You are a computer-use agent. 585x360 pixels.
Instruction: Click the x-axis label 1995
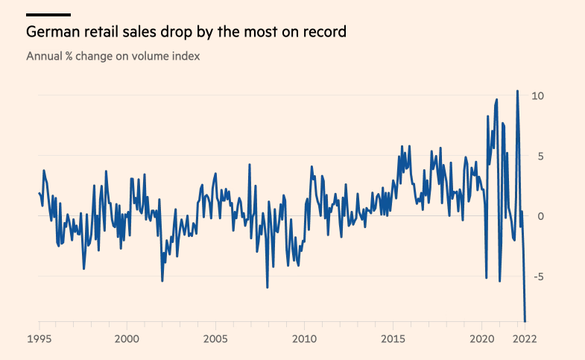click(x=39, y=338)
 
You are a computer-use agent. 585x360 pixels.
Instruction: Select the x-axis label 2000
click(x=127, y=338)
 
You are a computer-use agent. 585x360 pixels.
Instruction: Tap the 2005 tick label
click(x=215, y=338)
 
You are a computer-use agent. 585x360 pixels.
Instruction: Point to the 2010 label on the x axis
click(x=304, y=338)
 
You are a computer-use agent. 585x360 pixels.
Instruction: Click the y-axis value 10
click(x=537, y=95)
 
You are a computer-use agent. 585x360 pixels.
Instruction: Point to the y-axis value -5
click(x=536, y=277)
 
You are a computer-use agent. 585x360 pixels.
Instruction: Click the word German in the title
click(x=51, y=33)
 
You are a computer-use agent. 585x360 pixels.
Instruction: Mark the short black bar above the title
click(x=48, y=14)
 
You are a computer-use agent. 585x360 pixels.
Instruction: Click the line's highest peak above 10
click(x=517, y=91)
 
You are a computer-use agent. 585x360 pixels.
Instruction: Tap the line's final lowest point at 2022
click(x=525, y=321)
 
